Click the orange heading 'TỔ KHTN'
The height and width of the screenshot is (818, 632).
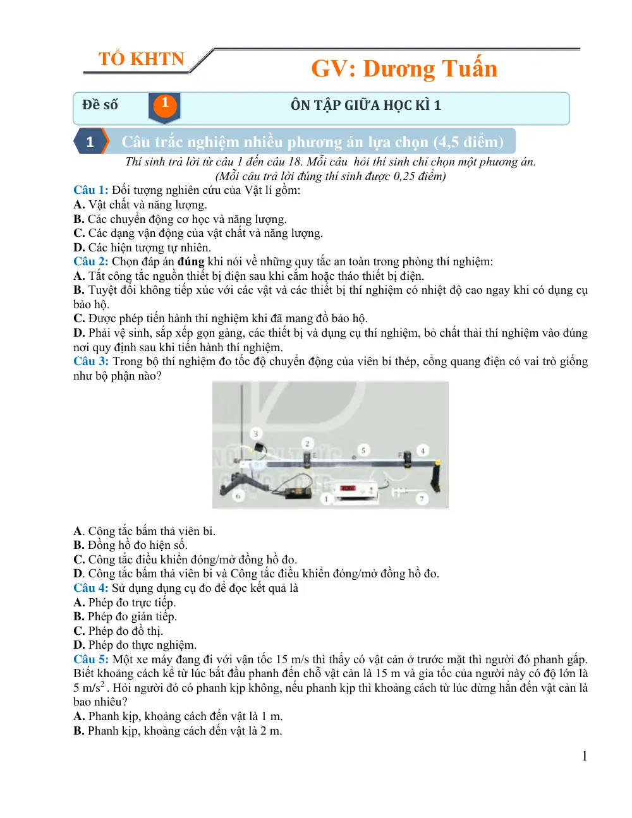141,59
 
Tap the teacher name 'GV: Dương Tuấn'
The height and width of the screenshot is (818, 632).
404,68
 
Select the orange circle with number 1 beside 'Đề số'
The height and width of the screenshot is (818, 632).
164,105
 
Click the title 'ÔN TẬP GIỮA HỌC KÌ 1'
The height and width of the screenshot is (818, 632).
365,105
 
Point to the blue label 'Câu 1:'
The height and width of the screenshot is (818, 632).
91,189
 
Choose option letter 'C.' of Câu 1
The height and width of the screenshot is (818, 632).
79,233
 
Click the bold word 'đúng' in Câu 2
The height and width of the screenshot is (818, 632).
191,262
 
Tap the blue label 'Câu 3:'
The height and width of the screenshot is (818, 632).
91,361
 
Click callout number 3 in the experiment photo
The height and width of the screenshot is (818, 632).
256,434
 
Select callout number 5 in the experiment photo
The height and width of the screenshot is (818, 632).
363,450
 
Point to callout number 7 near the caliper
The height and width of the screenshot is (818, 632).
422,499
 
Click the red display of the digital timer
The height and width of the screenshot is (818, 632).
347,488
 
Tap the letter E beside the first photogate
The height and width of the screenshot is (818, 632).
315,455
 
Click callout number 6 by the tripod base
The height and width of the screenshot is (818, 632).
238,496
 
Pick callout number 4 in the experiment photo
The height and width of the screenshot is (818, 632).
423,450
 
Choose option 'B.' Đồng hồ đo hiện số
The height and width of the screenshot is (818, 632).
79,545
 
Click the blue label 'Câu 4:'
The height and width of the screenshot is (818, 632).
91,588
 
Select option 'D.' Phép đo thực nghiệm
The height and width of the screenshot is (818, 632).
79,645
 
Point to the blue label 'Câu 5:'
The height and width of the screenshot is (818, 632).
91,659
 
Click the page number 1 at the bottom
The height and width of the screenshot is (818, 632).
585,755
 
